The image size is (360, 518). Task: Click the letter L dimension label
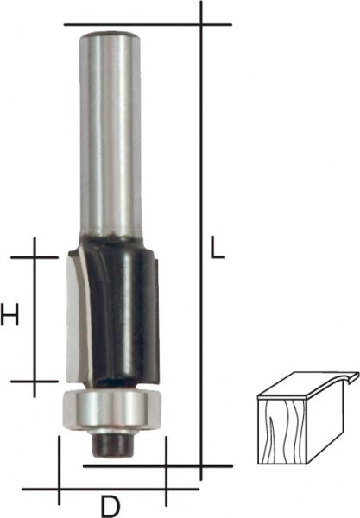[218, 248]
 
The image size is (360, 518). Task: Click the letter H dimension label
[9, 314]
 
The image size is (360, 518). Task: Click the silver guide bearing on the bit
[112, 411]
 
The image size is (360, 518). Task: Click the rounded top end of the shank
[111, 35]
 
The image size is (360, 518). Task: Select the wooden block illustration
[307, 418]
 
